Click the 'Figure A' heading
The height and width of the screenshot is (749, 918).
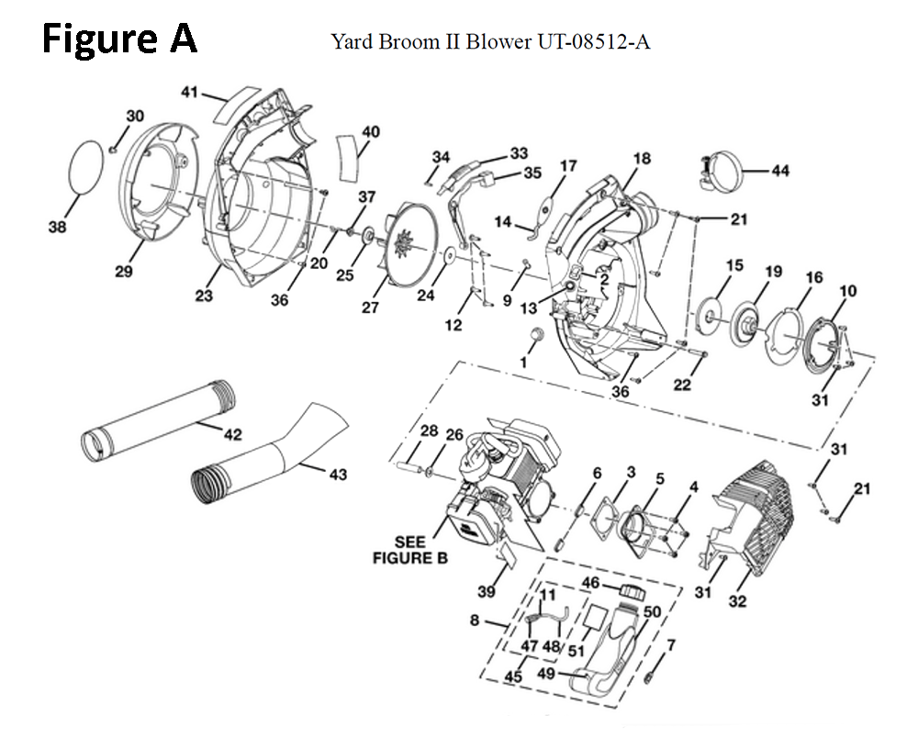[x=119, y=39]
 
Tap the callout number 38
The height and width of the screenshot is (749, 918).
[x=57, y=228]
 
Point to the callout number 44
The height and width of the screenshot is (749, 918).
[x=780, y=171]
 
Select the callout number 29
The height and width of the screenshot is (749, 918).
[x=123, y=272]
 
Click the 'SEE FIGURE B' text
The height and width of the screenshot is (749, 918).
[x=409, y=549]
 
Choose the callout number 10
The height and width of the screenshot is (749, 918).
[x=847, y=291]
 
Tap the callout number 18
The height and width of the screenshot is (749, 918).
[x=641, y=159]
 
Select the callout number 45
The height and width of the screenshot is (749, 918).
[x=513, y=676]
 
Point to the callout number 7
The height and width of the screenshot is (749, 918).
[x=670, y=645]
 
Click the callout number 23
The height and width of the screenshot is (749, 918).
[x=204, y=296]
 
